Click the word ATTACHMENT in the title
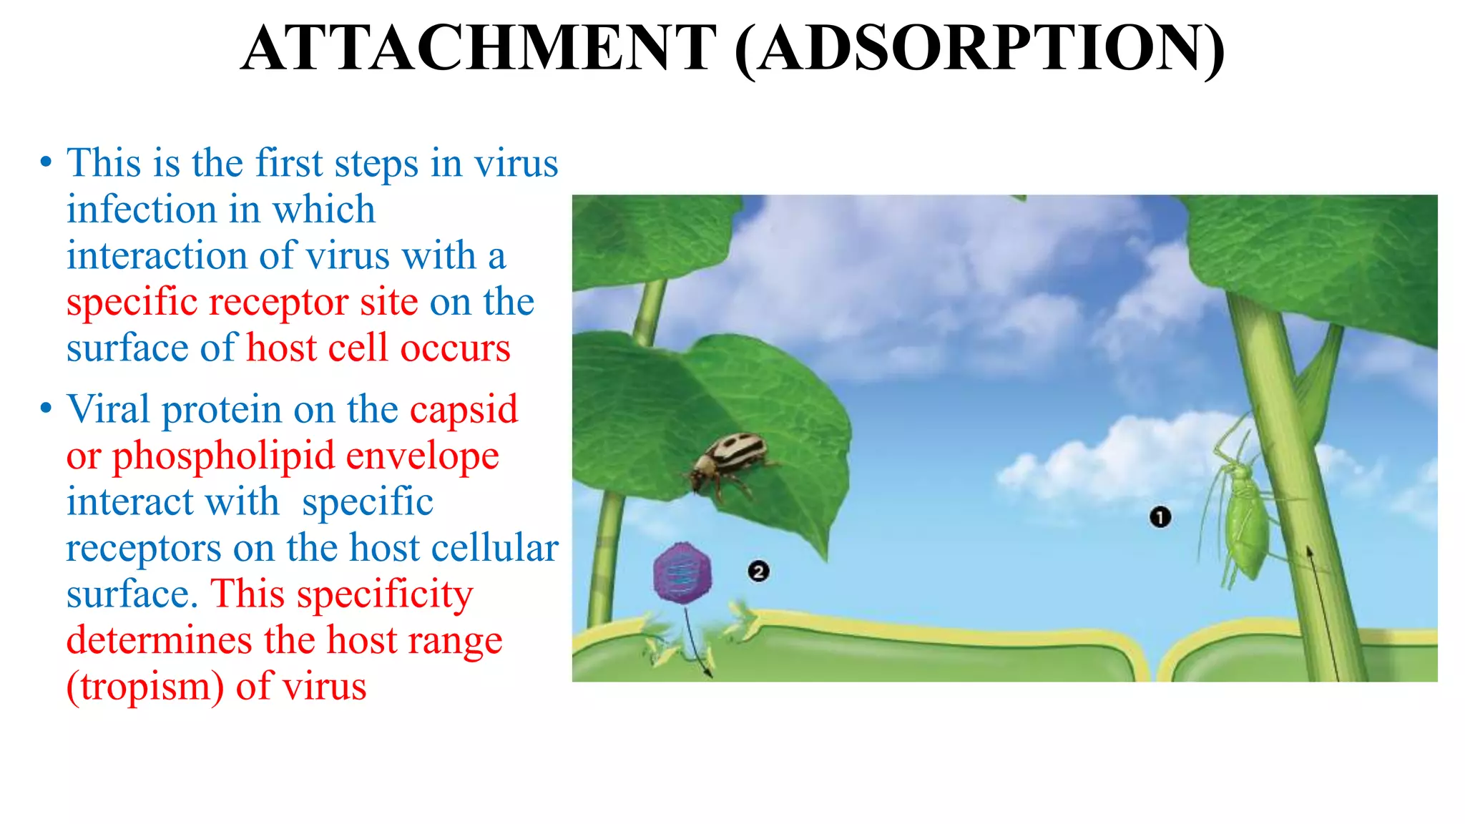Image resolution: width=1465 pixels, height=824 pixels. pyautogui.click(x=479, y=49)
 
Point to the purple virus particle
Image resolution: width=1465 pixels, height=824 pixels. pyautogui.click(x=683, y=572)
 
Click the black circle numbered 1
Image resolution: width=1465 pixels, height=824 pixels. pyautogui.click(x=1160, y=516)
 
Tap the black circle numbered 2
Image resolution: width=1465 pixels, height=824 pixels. pyautogui.click(x=758, y=572)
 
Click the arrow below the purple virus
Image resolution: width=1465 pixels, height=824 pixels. pyautogui.click(x=697, y=644)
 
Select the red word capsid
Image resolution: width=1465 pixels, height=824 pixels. pyautogui.click(x=464, y=410)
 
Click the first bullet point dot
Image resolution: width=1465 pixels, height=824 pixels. pyautogui.click(x=46, y=162)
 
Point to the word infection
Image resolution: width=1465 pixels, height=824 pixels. pyautogui.click(x=142, y=210)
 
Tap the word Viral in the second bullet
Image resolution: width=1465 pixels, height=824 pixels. pyautogui.click(x=108, y=410)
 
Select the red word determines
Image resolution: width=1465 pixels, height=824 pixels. pyautogui.click(x=158, y=640)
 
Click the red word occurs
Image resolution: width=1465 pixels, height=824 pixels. pyautogui.click(x=455, y=348)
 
